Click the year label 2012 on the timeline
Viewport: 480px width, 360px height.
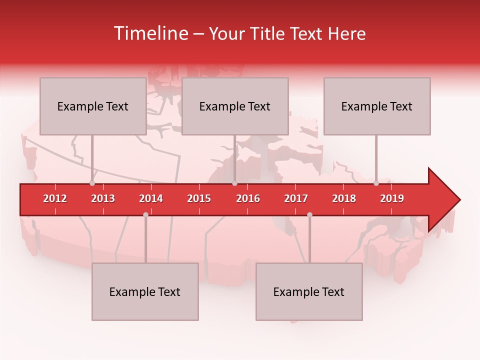tap(55, 198)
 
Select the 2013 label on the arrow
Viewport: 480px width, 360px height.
tap(103, 198)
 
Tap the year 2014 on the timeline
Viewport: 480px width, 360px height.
tap(151, 198)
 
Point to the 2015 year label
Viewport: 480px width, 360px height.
tap(199, 198)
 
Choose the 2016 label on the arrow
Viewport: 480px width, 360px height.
tap(248, 198)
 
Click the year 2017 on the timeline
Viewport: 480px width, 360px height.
tap(296, 198)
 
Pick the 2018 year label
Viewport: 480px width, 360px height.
tap(344, 198)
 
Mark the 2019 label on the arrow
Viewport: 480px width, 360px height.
tap(392, 198)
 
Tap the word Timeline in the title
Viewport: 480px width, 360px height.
tap(150, 33)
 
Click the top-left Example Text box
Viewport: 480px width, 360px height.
tap(93, 106)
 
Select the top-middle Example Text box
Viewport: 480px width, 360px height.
tap(235, 106)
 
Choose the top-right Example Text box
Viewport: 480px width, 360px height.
tap(377, 106)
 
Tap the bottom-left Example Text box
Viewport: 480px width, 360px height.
tap(145, 291)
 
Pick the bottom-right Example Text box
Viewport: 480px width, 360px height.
tap(309, 291)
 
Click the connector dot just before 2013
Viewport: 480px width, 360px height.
tap(92, 183)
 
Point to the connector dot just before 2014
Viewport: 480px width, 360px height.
tap(145, 214)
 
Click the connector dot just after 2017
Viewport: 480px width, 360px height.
tap(309, 214)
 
